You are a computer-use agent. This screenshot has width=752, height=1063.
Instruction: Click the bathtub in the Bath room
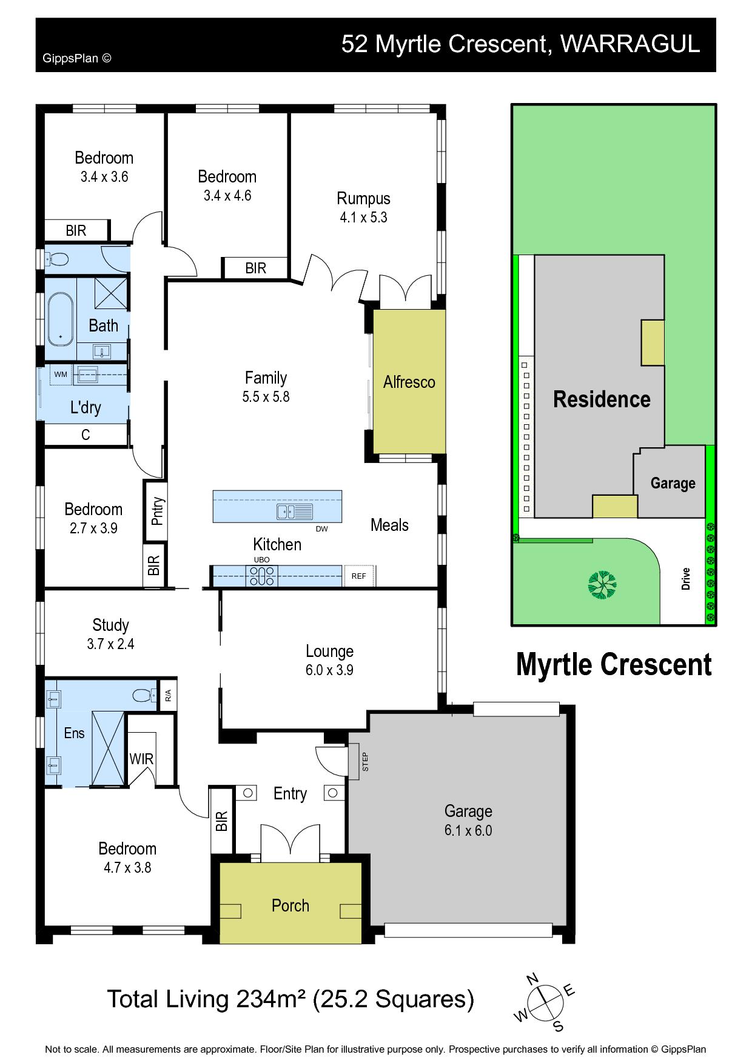click(x=60, y=319)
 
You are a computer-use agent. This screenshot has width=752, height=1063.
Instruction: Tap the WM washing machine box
click(x=61, y=375)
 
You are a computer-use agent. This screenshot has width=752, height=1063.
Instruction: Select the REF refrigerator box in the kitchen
click(x=359, y=576)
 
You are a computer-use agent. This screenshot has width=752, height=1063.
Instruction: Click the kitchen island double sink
click(x=294, y=512)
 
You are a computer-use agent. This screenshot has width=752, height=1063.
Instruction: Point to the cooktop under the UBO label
click(x=261, y=576)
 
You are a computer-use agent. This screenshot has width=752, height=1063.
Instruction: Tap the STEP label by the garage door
click(x=365, y=762)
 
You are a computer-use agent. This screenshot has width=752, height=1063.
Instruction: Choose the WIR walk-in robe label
click(x=141, y=759)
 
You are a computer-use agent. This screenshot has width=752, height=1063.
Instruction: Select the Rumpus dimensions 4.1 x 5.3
click(x=363, y=218)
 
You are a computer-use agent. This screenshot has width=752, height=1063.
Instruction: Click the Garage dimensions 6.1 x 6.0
click(x=468, y=830)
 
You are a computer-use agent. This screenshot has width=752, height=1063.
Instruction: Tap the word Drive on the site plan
click(x=686, y=578)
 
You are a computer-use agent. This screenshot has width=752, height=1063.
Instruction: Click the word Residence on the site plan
click(x=602, y=399)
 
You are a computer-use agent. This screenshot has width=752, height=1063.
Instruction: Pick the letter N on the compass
click(x=532, y=979)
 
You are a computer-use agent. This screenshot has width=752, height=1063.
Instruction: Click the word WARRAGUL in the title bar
click(x=630, y=44)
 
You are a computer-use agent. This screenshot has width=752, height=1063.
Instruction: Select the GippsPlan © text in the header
click(x=77, y=59)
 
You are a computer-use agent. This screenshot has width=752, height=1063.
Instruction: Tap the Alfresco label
click(x=409, y=382)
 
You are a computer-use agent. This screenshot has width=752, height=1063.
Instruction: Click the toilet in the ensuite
click(x=143, y=696)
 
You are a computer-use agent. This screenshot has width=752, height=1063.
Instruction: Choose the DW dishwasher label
click(x=321, y=529)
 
